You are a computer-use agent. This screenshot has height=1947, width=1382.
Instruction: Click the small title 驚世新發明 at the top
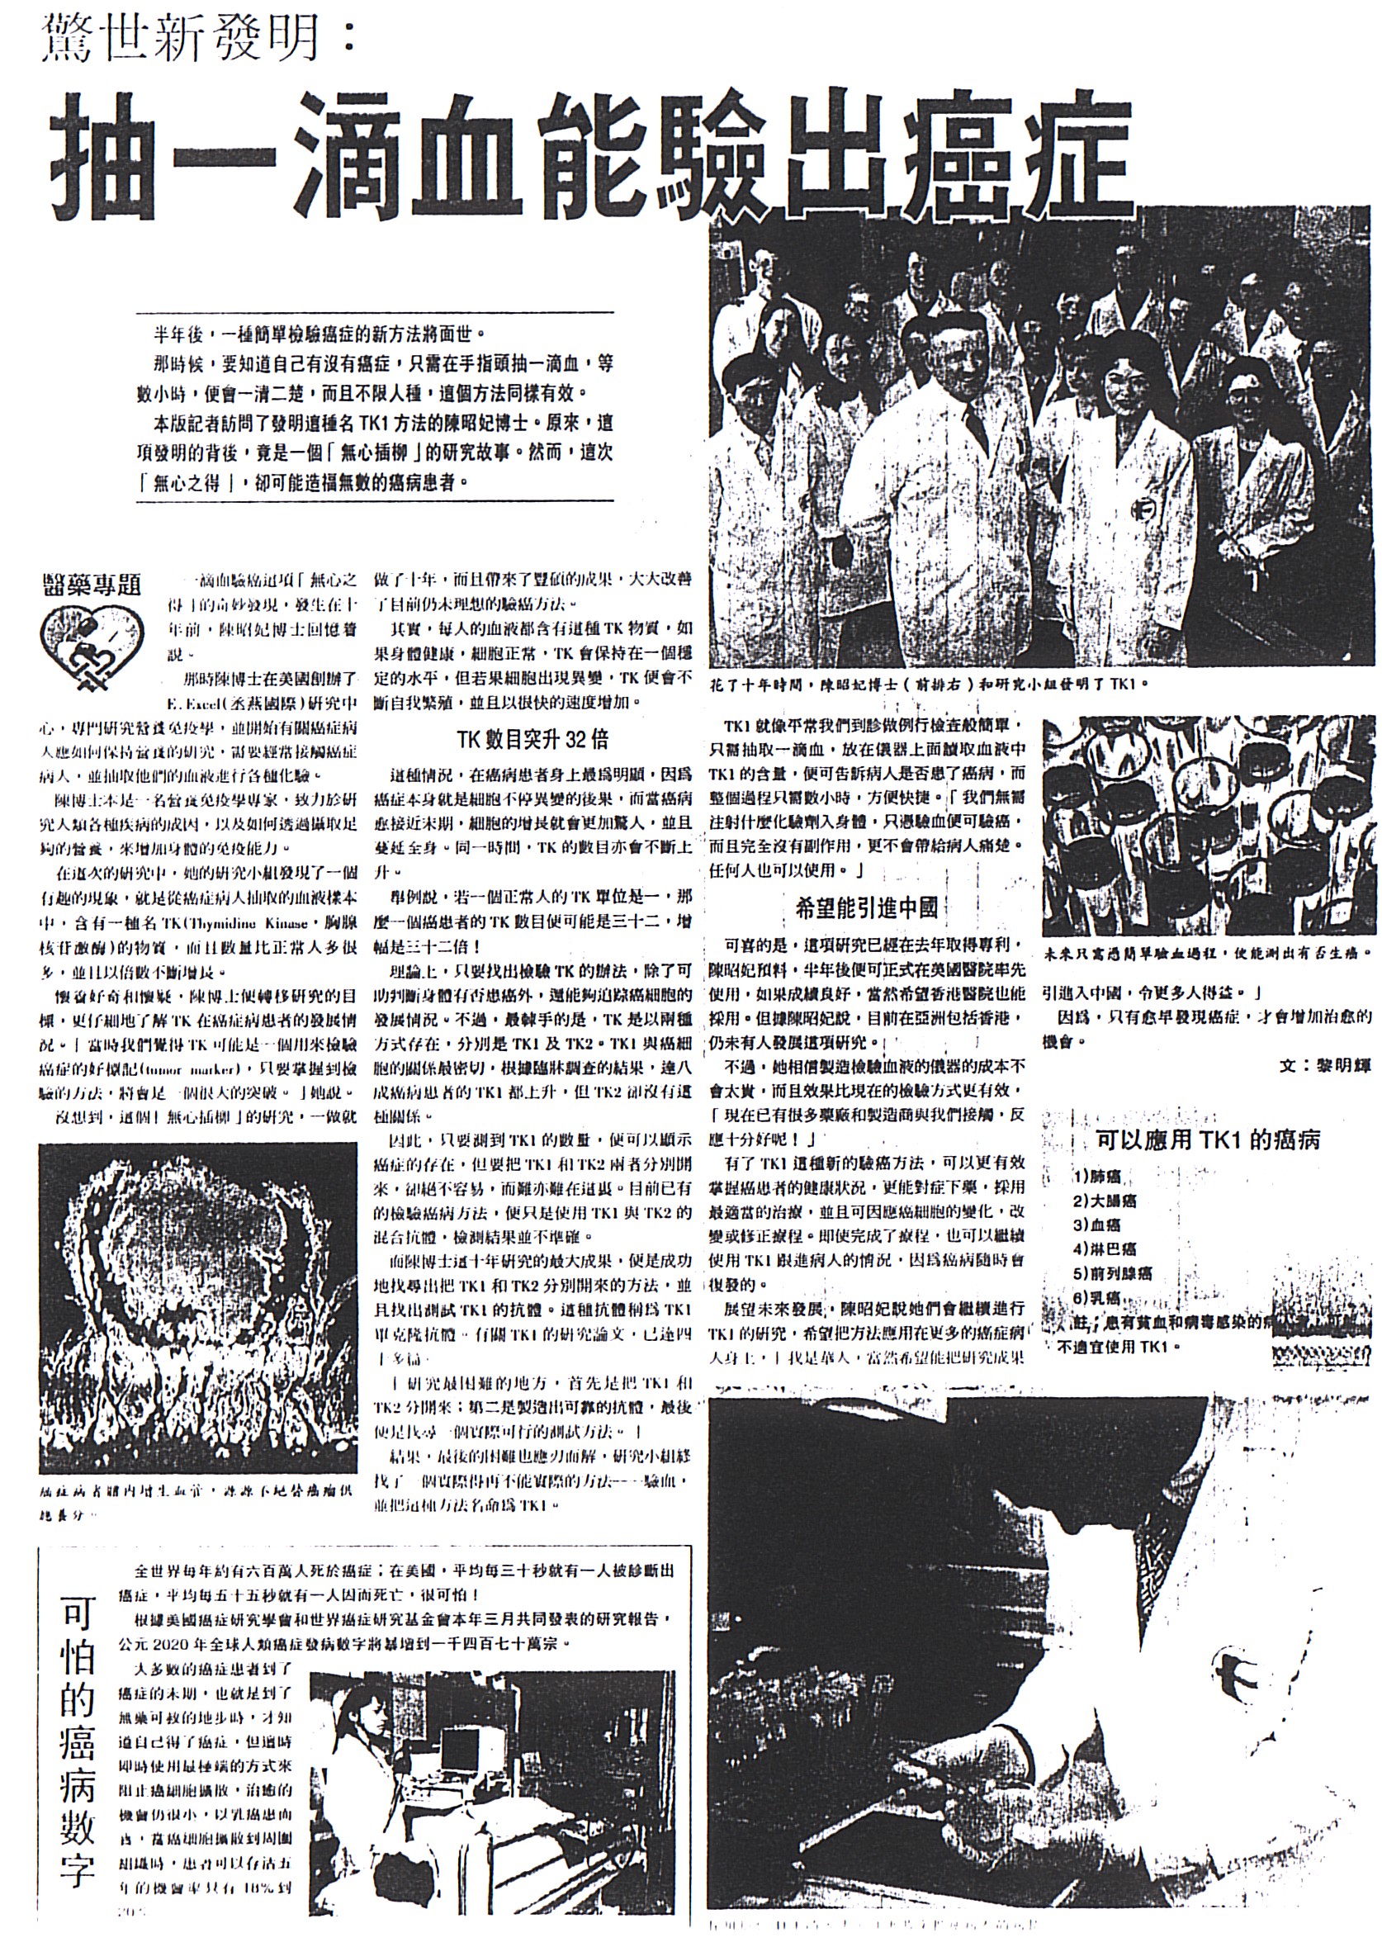(196, 38)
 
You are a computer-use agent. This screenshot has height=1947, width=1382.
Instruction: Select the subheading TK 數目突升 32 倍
(532, 739)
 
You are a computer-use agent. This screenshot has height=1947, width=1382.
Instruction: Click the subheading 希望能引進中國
(866, 908)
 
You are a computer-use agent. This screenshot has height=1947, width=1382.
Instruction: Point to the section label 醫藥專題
(91, 585)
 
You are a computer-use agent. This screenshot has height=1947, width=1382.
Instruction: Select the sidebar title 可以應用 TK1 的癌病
(1208, 1140)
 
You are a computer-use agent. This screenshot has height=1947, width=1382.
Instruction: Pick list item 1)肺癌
(1097, 1177)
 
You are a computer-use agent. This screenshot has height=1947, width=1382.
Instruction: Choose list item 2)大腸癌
(1105, 1201)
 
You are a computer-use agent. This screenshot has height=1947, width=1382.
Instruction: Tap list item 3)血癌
(1097, 1225)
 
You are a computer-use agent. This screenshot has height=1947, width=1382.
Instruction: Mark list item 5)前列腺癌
(1112, 1274)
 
